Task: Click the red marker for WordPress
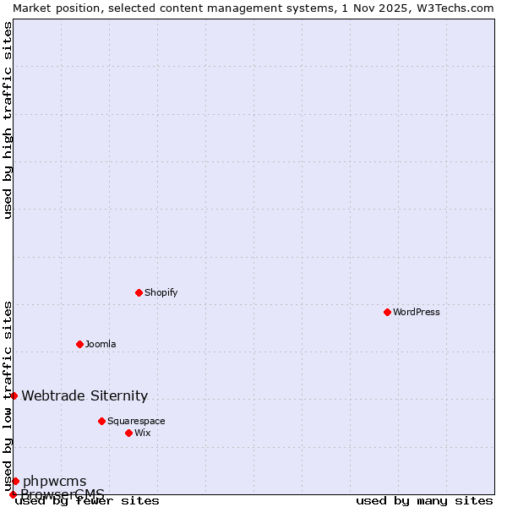click(x=387, y=312)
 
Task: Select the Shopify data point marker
click(x=139, y=292)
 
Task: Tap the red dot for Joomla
click(x=79, y=344)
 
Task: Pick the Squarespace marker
click(x=101, y=421)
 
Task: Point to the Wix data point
click(x=128, y=433)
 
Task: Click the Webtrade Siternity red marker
click(x=14, y=395)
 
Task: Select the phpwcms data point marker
click(x=15, y=481)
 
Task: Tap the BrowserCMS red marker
click(x=13, y=494)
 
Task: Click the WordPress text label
click(x=417, y=312)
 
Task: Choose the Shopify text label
click(x=161, y=292)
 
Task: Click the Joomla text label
click(x=101, y=344)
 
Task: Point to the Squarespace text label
click(x=136, y=421)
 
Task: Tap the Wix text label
click(x=142, y=433)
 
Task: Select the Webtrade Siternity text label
click(x=84, y=395)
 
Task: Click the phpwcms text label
click(x=54, y=482)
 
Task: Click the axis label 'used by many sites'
click(x=424, y=501)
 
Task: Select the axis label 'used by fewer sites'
click(x=88, y=501)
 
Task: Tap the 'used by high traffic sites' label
click(x=8, y=120)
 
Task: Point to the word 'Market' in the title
click(x=31, y=8)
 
